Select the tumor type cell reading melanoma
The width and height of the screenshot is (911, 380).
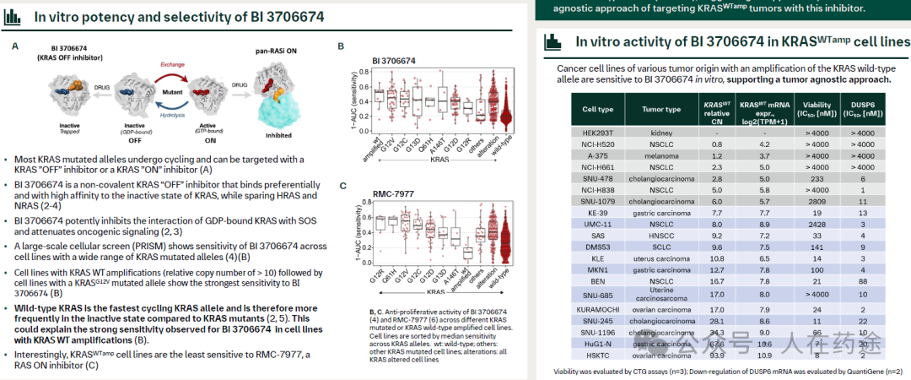tap(660, 155)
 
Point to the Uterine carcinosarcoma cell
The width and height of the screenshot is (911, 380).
tap(660, 294)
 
